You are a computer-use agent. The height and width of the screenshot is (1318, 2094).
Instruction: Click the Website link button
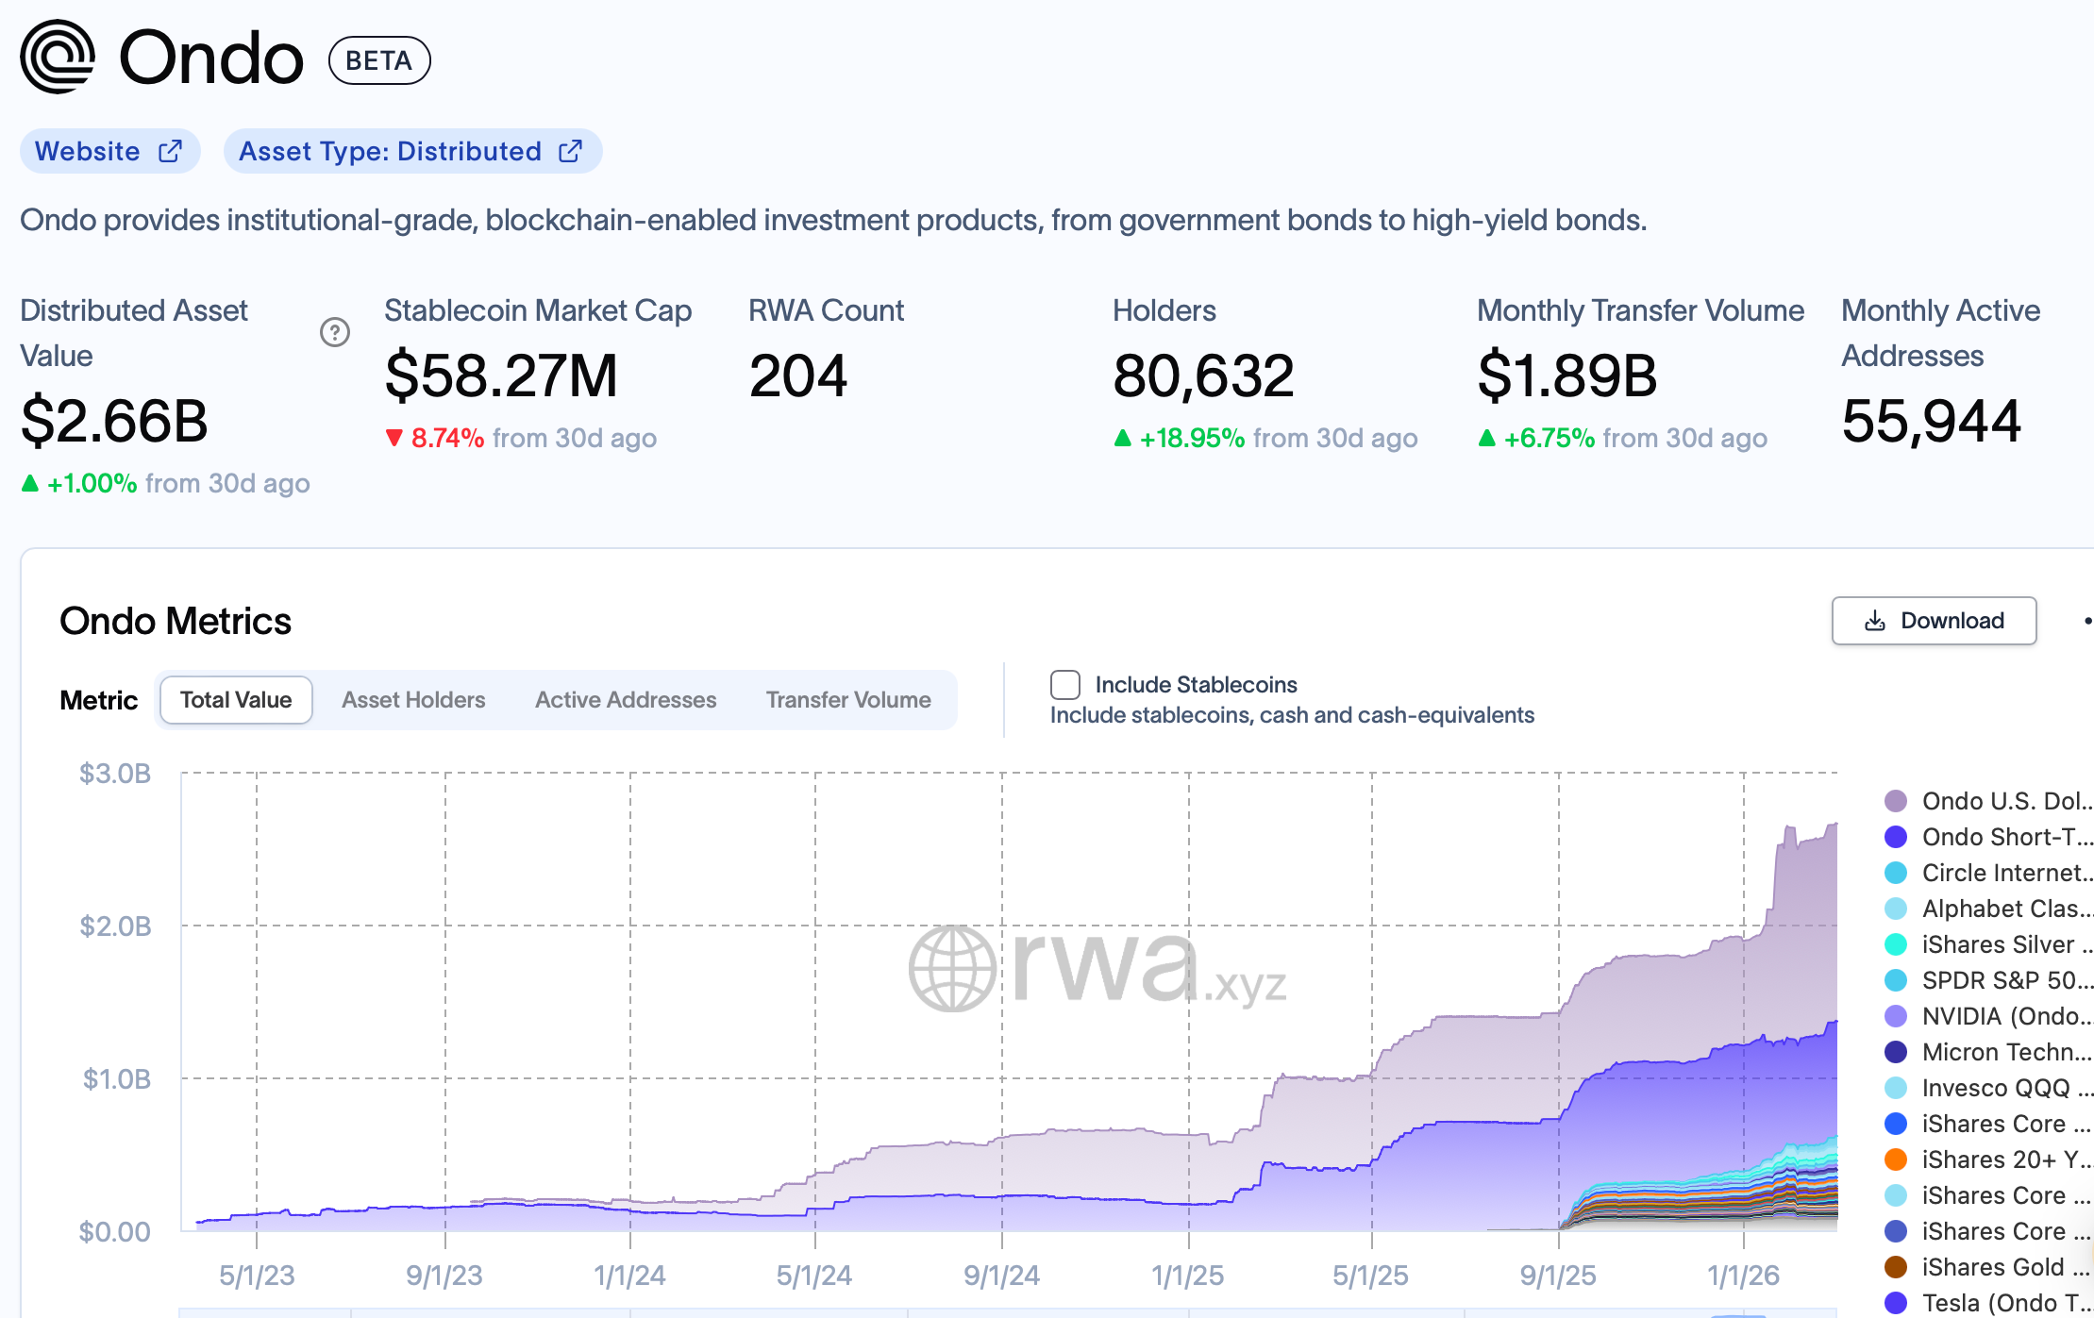coord(109,151)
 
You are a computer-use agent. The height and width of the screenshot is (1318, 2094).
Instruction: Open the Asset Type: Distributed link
coord(411,151)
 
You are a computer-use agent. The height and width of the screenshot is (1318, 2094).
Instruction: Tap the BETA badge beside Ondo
coord(378,60)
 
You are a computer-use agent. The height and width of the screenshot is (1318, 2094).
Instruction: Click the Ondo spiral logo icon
coord(58,57)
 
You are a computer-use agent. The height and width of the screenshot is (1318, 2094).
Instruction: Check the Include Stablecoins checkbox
coord(1065,685)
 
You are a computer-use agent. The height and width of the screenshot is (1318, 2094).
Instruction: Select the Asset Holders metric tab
coord(413,700)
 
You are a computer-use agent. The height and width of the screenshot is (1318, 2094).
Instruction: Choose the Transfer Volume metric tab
coord(847,700)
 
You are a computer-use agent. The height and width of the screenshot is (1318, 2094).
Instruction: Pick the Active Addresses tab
coord(625,700)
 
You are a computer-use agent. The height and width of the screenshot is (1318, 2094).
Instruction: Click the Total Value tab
coord(236,700)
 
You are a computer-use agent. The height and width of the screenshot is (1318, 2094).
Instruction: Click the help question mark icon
coord(334,332)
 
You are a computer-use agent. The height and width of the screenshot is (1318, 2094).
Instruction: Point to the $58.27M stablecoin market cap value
coord(500,375)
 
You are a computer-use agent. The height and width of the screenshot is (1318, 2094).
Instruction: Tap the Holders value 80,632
coord(1203,375)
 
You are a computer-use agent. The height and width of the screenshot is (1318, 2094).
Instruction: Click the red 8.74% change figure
coord(446,438)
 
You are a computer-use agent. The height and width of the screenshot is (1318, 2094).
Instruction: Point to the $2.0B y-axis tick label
coord(115,926)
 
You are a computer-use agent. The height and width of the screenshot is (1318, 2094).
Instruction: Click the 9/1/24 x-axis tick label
coord(1001,1276)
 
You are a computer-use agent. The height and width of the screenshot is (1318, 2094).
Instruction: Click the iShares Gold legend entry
coord(1986,1267)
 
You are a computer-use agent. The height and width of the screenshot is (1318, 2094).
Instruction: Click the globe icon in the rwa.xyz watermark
coord(952,968)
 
